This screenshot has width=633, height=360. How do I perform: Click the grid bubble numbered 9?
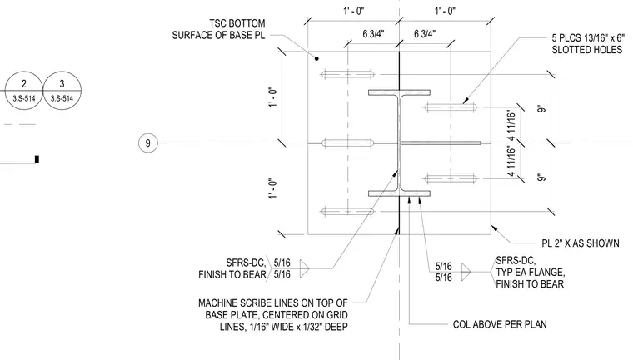(147, 143)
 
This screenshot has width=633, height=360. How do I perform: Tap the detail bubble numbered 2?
(24, 91)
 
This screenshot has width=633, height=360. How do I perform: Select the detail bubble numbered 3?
(62, 91)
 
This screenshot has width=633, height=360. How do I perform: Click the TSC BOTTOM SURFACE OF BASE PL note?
(218, 29)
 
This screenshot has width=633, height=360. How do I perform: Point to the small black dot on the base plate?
(316, 58)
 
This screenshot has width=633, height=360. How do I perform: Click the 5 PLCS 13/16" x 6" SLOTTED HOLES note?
(587, 43)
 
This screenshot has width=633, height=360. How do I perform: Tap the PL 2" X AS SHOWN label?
(581, 243)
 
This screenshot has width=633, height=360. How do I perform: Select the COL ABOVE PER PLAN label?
(500, 324)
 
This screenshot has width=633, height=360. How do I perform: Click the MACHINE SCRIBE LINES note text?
(273, 315)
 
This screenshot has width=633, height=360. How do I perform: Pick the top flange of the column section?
(399, 92)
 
